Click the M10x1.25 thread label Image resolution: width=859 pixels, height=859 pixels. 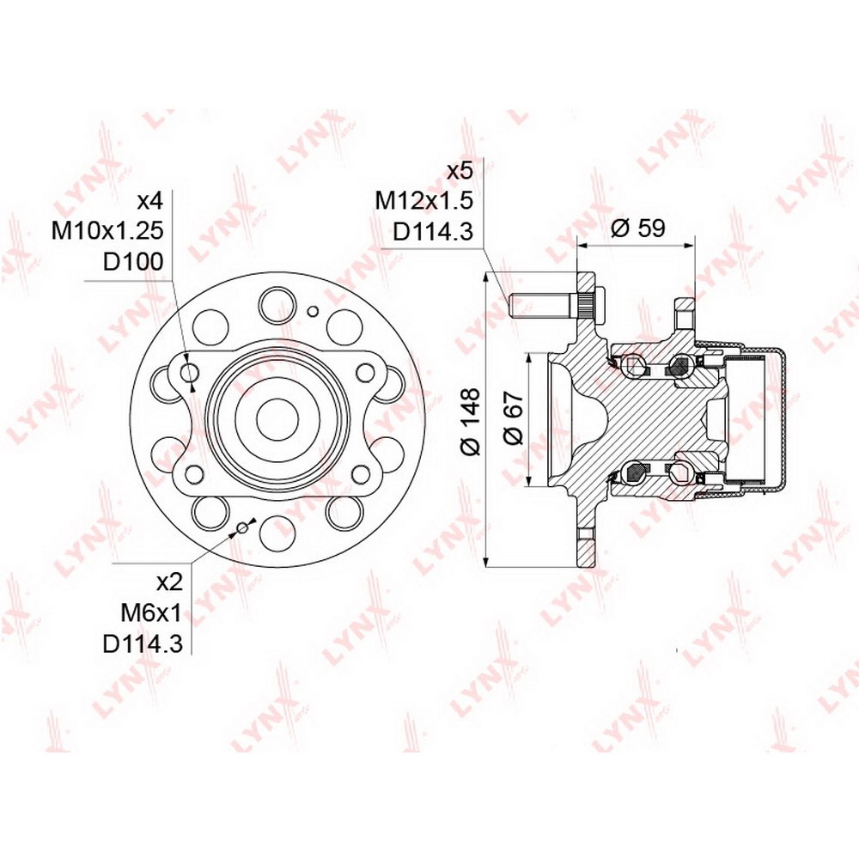[x=108, y=231]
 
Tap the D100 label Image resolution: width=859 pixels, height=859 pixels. [x=134, y=262]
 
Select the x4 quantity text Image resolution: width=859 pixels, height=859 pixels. [x=150, y=201]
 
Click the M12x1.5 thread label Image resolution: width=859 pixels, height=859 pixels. [x=423, y=201]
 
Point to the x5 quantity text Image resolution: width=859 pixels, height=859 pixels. [x=459, y=172]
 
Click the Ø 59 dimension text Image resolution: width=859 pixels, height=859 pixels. [x=637, y=228]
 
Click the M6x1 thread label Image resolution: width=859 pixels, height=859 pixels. [x=150, y=613]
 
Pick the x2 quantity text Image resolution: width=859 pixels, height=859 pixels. [x=168, y=582]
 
